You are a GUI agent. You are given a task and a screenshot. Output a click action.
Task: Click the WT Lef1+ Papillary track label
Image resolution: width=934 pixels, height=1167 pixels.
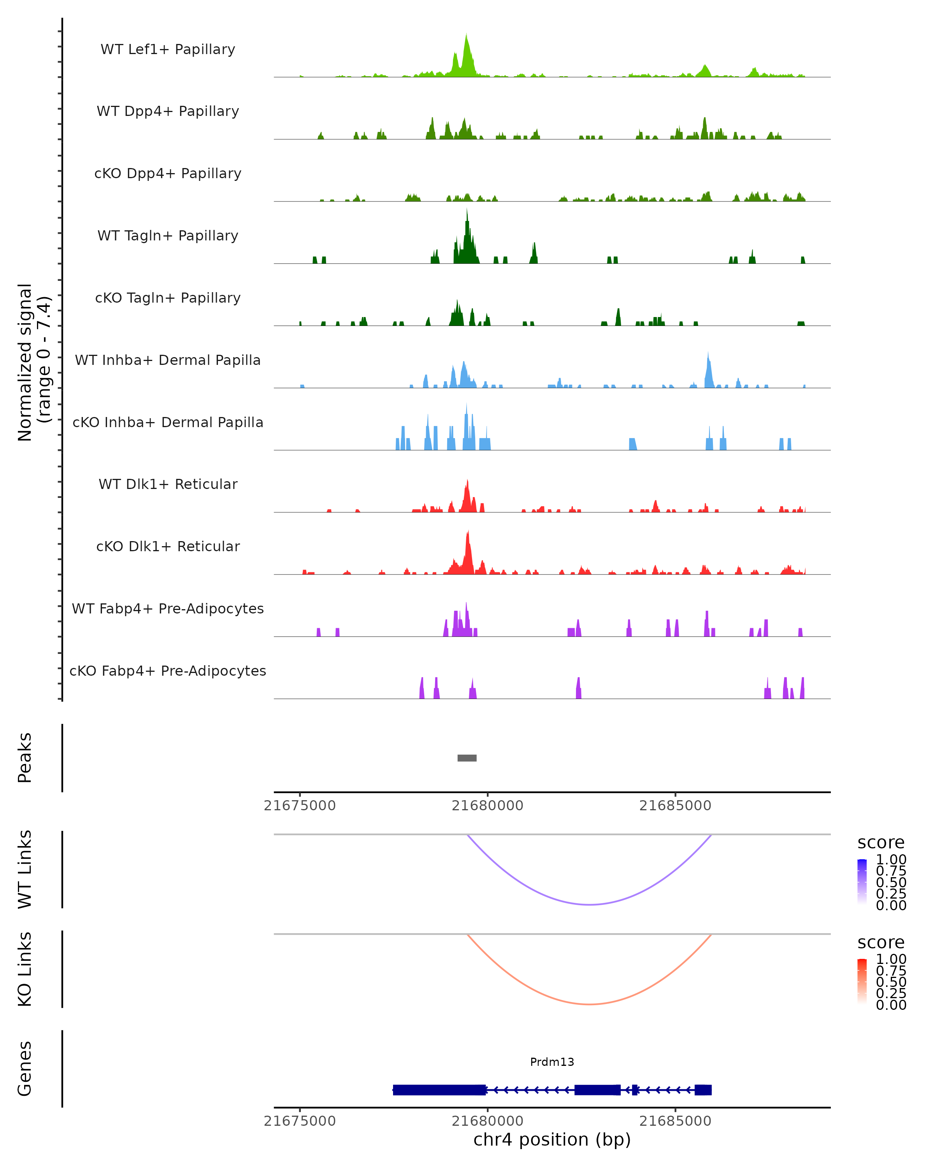[168, 49]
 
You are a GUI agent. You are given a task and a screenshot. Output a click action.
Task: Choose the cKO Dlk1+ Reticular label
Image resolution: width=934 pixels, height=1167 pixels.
[168, 546]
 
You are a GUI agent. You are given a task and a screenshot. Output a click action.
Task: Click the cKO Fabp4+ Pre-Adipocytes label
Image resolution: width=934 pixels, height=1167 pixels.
[168, 671]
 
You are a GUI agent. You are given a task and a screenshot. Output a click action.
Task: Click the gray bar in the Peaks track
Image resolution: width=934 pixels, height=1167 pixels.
[467, 758]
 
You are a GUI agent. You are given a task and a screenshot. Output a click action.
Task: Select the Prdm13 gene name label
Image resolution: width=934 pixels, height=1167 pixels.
[552, 1062]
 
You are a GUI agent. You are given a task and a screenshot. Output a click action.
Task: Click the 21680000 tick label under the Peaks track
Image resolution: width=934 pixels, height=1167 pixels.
[487, 806]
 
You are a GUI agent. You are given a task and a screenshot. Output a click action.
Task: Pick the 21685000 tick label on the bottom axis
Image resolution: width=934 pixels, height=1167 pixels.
[675, 1121]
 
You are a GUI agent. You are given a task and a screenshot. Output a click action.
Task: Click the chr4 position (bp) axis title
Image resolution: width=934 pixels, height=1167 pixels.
[552, 1140]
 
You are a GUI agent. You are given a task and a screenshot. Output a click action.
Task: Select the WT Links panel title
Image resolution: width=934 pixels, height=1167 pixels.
[25, 869]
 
